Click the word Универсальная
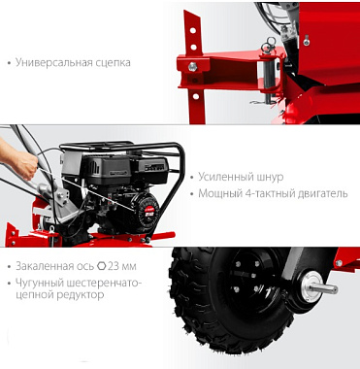click(x=54, y=63)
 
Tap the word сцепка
click(x=114, y=63)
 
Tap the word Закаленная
click(x=45, y=266)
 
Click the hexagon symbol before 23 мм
click(x=102, y=266)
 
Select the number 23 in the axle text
click(x=114, y=266)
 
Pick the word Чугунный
click(x=40, y=283)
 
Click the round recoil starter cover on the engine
click(x=145, y=212)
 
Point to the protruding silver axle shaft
click(x=323, y=287)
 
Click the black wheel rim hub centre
click(x=247, y=276)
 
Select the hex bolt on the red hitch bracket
click(x=193, y=66)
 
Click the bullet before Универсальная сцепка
click(x=9, y=63)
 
